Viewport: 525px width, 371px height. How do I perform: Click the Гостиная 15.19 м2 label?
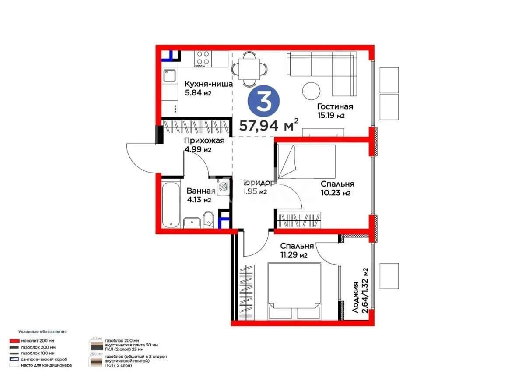[335, 111]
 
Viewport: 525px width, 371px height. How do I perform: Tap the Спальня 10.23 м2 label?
[336, 188]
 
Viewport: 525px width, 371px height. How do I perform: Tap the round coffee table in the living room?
[311, 91]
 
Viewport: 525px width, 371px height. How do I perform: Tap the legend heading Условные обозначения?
[42, 332]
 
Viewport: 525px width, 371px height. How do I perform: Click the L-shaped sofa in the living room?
[322, 70]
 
